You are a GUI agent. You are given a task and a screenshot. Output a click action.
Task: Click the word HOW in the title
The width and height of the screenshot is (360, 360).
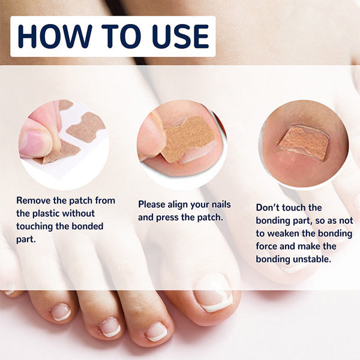(x=55, y=36)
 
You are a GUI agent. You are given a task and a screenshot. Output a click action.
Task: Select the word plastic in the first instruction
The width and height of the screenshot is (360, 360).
(x=46, y=214)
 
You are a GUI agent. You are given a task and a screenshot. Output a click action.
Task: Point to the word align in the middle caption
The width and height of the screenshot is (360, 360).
(x=178, y=205)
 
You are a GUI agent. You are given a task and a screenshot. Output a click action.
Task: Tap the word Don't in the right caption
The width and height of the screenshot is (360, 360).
(x=268, y=208)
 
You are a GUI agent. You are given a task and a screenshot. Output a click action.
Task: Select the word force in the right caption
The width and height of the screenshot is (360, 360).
(x=266, y=247)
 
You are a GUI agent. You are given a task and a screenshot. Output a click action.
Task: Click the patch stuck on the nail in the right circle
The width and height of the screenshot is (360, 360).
(x=304, y=143)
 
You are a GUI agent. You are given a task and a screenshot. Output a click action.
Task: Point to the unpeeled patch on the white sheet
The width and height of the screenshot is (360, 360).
(x=86, y=128)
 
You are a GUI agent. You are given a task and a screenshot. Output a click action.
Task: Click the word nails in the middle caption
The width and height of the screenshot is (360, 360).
(x=221, y=205)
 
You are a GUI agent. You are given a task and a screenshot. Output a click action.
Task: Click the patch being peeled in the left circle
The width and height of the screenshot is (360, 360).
(x=60, y=152)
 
